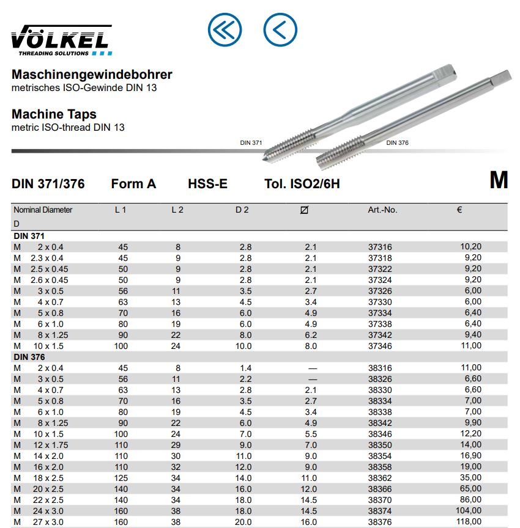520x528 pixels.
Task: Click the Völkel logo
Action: [61, 40]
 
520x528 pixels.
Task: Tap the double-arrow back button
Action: [225, 29]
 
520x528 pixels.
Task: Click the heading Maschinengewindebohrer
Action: [92, 75]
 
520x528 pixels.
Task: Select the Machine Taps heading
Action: [54, 114]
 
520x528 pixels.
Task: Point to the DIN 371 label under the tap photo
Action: [251, 142]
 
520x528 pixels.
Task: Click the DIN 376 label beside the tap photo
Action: [397, 142]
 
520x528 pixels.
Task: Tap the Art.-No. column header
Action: [382, 210]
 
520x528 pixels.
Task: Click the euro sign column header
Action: [459, 210]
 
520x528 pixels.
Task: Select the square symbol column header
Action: [305, 210]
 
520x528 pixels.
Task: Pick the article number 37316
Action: [380, 247]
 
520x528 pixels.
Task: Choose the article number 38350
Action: [380, 445]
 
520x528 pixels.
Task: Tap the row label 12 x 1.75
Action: [51, 445]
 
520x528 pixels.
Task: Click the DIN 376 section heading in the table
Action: [29, 357]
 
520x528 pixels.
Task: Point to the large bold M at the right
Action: [499, 180]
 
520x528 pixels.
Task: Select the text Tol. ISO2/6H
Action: [302, 183]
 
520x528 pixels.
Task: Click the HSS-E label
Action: [208, 183]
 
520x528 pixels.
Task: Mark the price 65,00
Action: [471, 489]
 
